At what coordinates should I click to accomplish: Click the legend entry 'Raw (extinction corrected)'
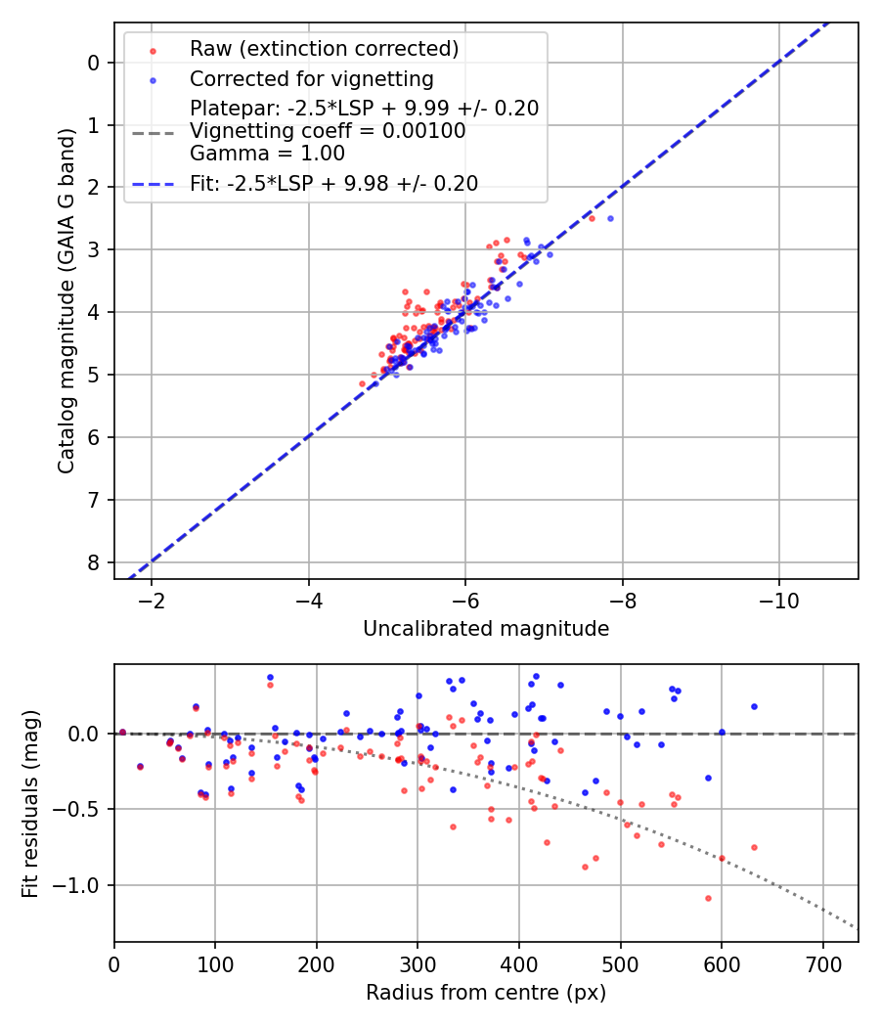[324, 49]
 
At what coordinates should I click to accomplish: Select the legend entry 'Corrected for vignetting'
[311, 78]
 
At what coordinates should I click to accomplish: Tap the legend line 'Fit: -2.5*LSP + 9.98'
[333, 184]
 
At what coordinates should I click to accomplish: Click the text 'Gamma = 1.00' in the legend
[267, 154]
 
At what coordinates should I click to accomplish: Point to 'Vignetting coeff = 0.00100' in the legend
[328, 131]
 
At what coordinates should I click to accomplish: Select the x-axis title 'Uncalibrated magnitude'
[486, 629]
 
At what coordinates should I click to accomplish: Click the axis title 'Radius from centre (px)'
[486, 993]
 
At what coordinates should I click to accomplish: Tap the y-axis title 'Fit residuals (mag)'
[30, 803]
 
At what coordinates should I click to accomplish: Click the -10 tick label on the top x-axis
[779, 600]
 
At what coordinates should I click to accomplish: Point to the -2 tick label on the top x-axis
[153, 600]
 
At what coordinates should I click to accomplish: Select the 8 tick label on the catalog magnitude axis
[94, 562]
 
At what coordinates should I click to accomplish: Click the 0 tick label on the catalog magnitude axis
[94, 63]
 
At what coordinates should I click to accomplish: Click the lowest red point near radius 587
[708, 898]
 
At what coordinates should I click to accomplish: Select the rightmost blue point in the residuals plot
[754, 706]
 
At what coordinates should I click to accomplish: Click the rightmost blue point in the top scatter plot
[610, 218]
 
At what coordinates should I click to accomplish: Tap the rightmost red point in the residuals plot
[754, 847]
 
